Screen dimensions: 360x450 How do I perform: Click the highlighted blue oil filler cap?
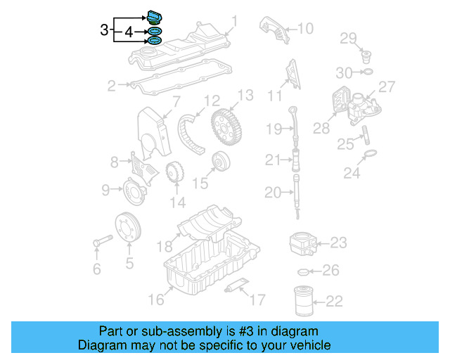pyautogui.click(x=155, y=17)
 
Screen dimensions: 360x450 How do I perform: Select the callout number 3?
pyautogui.click(x=104, y=30)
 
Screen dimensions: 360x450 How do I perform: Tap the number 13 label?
pyautogui.click(x=245, y=95)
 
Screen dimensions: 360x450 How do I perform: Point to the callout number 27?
pyautogui.click(x=387, y=86)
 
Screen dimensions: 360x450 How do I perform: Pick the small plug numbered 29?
pyautogui.click(x=365, y=55)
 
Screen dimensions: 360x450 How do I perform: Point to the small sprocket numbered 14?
pyautogui.click(x=174, y=173)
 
